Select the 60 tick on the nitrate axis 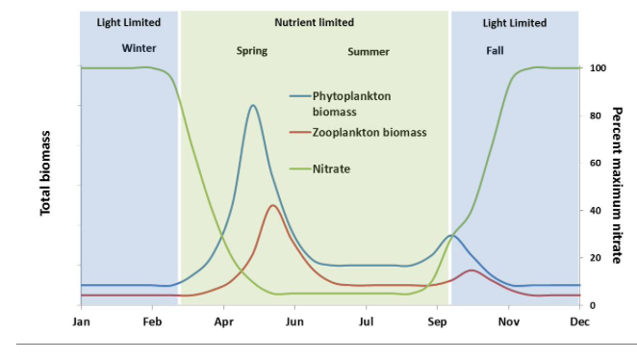click(x=596, y=164)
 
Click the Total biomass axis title click(x=45, y=173)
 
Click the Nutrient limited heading click(x=314, y=22)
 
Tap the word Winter click(x=139, y=48)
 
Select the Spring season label click(x=252, y=51)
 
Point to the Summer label click(x=369, y=51)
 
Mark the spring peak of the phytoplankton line click(x=252, y=105)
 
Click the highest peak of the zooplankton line click(x=273, y=205)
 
